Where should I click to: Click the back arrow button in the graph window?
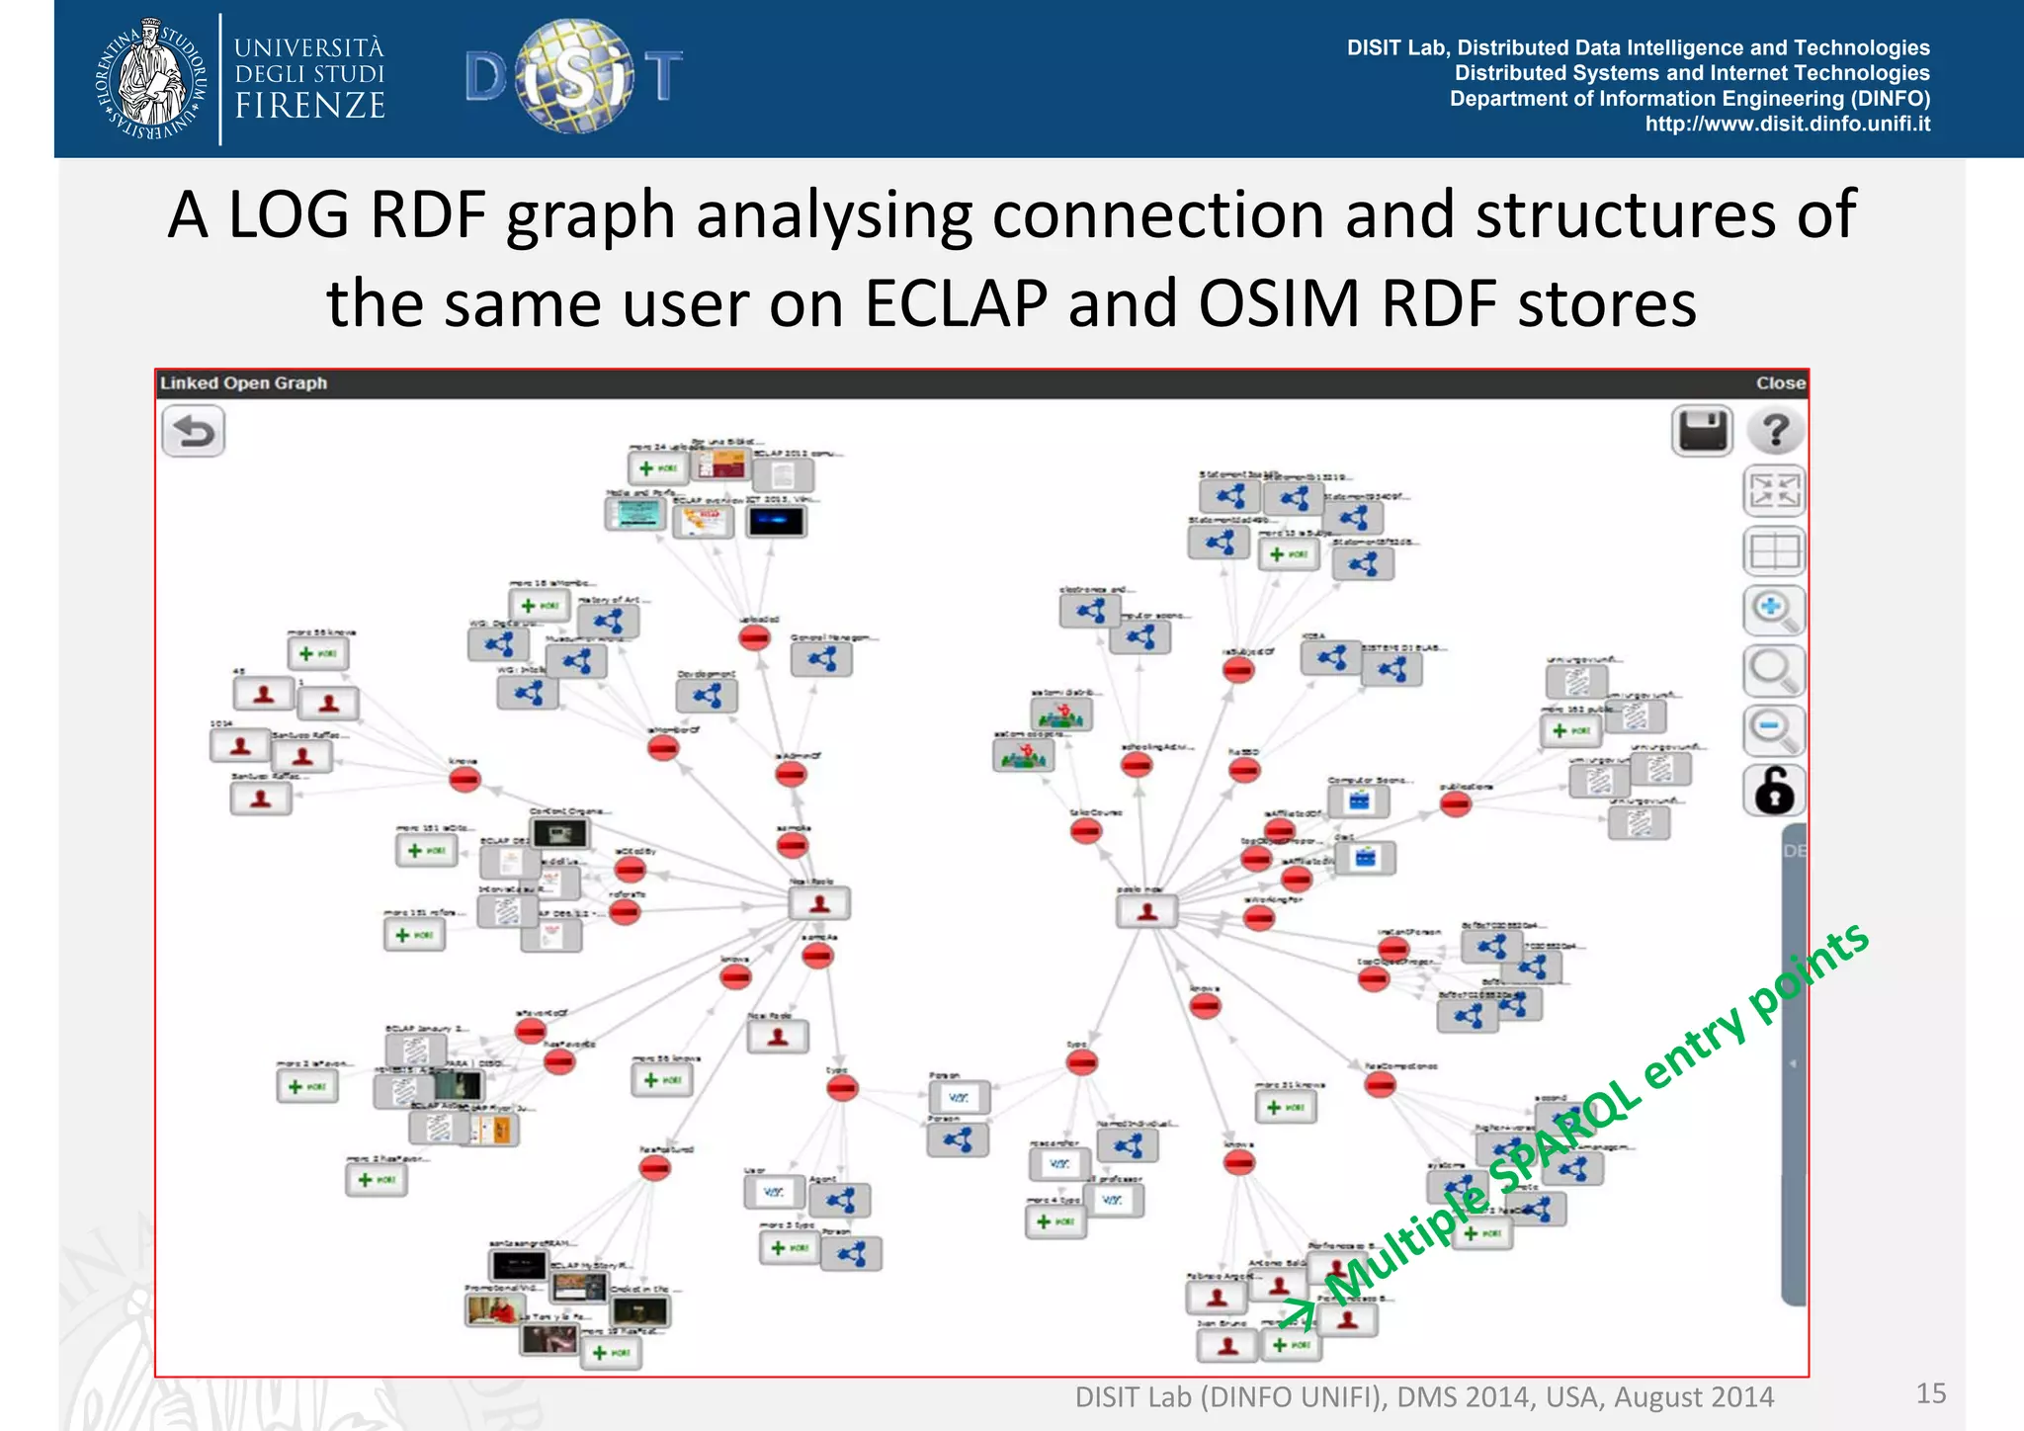click(194, 433)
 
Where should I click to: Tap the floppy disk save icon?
click(1702, 431)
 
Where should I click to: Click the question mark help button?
click(1775, 431)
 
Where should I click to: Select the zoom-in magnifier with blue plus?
click(1773, 610)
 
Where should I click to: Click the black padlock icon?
click(1774, 791)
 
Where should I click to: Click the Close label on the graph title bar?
click(1780, 383)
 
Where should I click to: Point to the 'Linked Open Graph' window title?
click(243, 383)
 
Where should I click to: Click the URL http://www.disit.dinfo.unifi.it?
click(1787, 125)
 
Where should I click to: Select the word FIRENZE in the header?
click(309, 106)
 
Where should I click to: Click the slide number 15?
click(1930, 1393)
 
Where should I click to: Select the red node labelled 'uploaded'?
click(754, 637)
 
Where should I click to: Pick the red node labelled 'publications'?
click(1455, 804)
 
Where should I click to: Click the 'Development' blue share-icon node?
click(707, 696)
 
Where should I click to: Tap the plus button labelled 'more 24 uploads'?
click(657, 468)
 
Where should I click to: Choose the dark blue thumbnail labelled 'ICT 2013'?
click(777, 522)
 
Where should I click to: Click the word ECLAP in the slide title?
click(955, 303)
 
